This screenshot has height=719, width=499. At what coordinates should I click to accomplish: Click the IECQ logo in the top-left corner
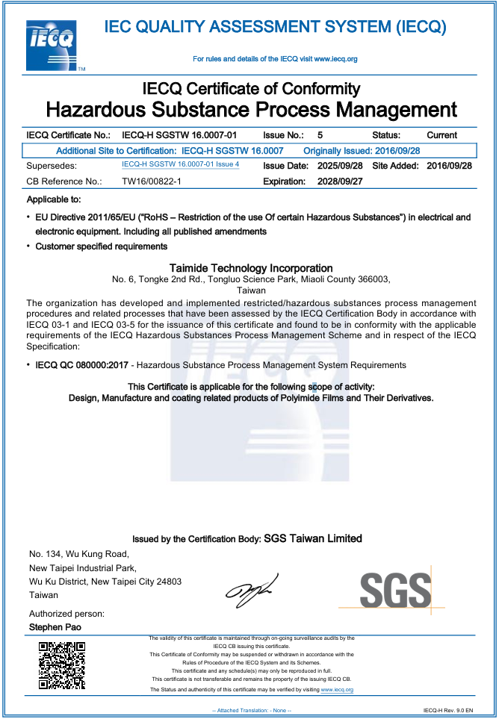(x=52, y=45)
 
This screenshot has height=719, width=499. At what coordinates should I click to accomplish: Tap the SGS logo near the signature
(x=395, y=590)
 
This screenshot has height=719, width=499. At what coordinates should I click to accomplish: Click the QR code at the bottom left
(x=61, y=664)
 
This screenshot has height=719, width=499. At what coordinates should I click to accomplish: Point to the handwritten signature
(x=251, y=589)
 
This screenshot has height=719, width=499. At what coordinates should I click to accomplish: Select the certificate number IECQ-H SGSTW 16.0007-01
(x=179, y=135)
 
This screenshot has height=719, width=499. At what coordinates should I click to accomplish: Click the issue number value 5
(x=320, y=135)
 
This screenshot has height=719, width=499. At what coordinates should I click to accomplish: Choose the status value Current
(x=441, y=135)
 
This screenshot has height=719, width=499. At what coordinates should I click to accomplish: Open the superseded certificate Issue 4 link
(x=180, y=164)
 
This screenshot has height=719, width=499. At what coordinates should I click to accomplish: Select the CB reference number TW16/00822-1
(x=152, y=181)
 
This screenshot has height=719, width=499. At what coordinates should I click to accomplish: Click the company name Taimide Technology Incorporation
(x=251, y=268)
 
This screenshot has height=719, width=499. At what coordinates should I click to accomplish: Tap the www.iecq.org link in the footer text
(x=337, y=690)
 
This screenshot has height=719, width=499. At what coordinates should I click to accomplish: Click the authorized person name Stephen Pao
(x=55, y=627)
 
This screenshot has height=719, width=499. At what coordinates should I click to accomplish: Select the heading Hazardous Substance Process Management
(x=251, y=110)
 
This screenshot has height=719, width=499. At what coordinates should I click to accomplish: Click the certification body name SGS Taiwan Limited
(x=313, y=538)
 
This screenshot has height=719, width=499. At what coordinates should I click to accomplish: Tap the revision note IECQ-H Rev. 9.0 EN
(x=447, y=710)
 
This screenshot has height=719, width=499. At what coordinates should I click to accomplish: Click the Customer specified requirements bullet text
(x=102, y=246)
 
